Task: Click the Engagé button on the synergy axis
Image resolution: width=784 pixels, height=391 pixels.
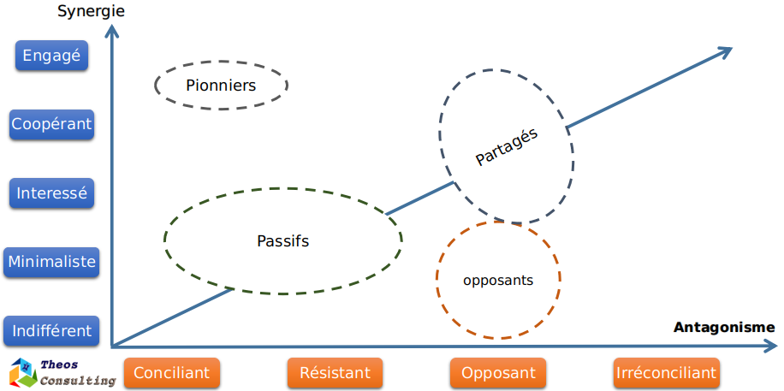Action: tap(51, 56)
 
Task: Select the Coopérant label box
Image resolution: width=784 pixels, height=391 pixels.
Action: tap(51, 124)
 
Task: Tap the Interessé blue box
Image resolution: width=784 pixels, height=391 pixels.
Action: tap(51, 193)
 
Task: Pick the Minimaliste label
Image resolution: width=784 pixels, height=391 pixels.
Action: tap(51, 262)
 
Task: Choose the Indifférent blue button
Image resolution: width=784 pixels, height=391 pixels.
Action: tap(51, 330)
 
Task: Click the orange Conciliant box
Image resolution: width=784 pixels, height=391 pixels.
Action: tap(172, 373)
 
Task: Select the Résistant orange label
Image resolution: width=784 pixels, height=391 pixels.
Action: tap(335, 373)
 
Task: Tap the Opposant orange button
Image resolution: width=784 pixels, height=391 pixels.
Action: tap(498, 373)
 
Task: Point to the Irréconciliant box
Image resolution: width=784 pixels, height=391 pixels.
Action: tap(666, 373)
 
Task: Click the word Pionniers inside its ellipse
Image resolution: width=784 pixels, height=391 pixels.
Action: tap(221, 85)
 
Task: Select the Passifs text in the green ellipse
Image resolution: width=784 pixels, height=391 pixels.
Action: tap(282, 240)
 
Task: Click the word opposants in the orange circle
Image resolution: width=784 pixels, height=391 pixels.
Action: tap(498, 280)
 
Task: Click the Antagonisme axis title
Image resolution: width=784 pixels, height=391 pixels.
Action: tap(724, 327)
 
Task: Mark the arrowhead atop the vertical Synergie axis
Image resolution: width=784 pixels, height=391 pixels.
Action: tap(111, 31)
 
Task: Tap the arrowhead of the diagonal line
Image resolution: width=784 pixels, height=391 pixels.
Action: tap(725, 52)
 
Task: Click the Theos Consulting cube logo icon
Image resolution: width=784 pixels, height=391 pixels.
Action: tap(21, 373)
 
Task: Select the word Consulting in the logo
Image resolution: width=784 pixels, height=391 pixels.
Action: tap(78, 380)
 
